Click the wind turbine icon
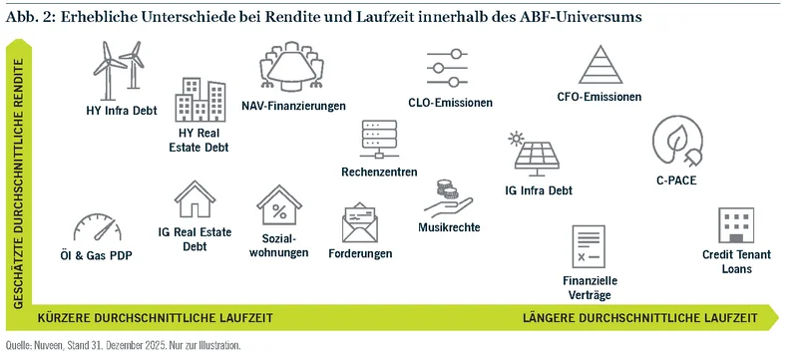click(118, 71)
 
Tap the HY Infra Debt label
click(122, 111)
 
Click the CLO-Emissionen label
click(451, 103)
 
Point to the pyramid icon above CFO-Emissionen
click(600, 65)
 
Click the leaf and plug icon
click(677, 141)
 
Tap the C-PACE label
click(676, 180)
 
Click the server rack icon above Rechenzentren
click(379, 140)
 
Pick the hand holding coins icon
click(448, 198)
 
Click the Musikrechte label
click(449, 227)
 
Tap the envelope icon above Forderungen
click(360, 222)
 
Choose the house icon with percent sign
click(279, 204)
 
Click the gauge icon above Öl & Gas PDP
click(97, 227)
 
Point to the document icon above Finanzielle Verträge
click(589, 246)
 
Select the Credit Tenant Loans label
click(736, 261)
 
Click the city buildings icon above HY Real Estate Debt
click(200, 100)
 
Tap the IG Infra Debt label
click(539, 190)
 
